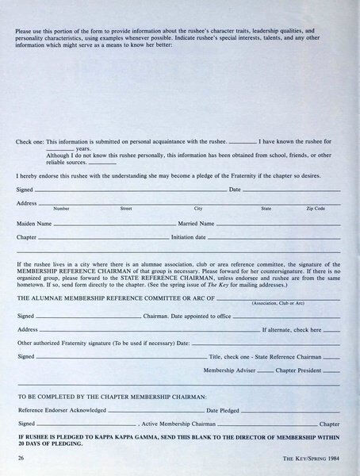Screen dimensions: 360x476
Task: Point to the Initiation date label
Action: pos(189,236)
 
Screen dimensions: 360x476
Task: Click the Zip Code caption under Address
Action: pos(316,208)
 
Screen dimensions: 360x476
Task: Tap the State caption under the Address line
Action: pos(266,208)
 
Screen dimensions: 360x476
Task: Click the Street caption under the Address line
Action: pos(125,208)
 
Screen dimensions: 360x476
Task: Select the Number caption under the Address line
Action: pos(61,208)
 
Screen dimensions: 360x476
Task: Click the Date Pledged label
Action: pos(224,410)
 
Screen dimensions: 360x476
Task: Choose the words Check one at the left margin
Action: pos(30,142)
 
